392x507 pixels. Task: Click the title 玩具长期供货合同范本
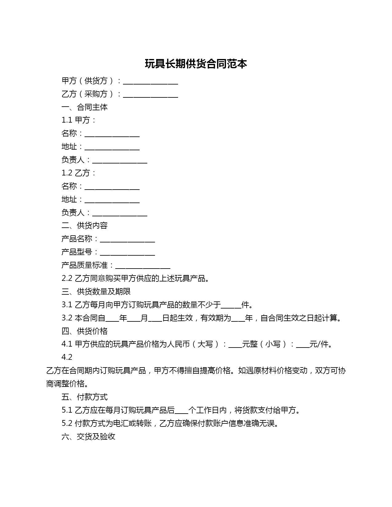point(196,64)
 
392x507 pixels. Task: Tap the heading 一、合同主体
point(85,107)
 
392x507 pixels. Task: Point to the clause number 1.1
point(67,120)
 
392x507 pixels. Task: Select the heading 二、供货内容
point(85,226)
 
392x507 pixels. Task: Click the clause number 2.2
point(67,278)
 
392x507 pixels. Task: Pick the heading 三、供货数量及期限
point(96,292)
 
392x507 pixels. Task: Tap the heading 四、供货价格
point(85,331)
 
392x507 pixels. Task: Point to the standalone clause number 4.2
point(67,357)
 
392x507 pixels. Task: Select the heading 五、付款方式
point(85,397)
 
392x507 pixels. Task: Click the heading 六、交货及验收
point(88,437)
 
